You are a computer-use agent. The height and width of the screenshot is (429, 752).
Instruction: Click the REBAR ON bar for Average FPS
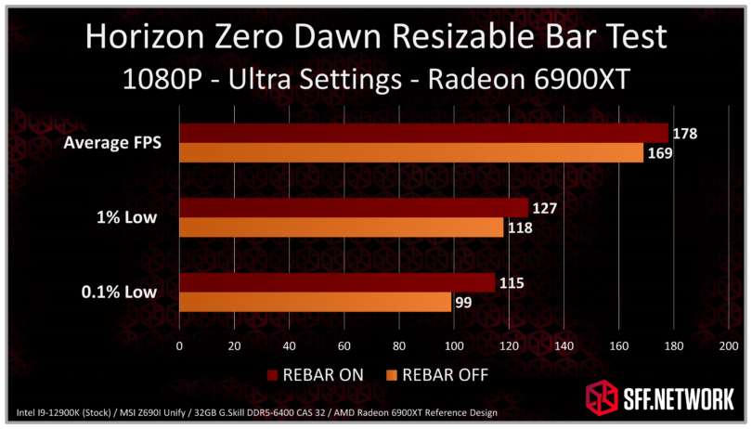(422, 133)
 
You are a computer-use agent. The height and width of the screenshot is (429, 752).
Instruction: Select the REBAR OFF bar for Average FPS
(410, 153)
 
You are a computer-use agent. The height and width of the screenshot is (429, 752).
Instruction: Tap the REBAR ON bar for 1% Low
(353, 208)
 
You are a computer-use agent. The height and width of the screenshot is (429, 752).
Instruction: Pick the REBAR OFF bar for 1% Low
(341, 227)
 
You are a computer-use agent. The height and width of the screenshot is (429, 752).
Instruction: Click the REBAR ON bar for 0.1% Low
(336, 282)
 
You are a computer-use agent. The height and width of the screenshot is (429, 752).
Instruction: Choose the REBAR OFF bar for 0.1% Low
(315, 302)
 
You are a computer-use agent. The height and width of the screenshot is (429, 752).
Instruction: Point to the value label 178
(685, 135)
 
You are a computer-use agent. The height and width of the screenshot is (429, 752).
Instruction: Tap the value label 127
(545, 208)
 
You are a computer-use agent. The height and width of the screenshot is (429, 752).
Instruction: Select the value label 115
(512, 282)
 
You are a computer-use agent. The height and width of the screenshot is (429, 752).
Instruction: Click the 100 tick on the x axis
(454, 345)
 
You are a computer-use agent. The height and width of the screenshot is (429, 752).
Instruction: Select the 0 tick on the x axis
(179, 345)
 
